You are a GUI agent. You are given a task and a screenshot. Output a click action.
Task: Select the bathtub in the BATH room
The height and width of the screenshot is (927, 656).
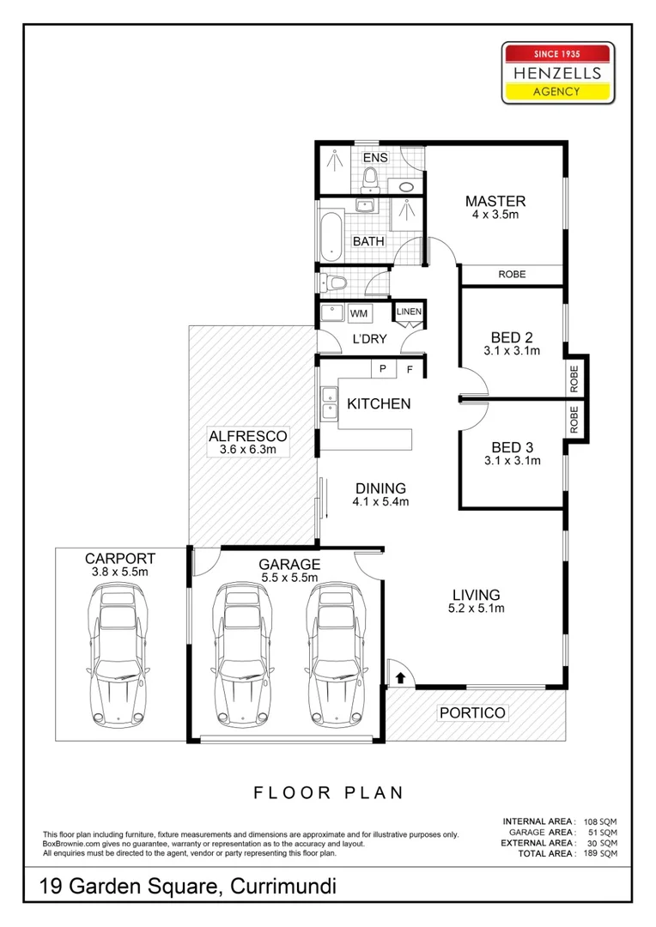click(x=331, y=233)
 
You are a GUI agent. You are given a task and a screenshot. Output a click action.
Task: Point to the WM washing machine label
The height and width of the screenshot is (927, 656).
click(x=358, y=314)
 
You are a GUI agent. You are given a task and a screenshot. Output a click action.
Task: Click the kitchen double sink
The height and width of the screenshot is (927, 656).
click(x=328, y=404)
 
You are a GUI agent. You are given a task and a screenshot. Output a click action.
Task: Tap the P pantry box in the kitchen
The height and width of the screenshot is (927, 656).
click(x=382, y=368)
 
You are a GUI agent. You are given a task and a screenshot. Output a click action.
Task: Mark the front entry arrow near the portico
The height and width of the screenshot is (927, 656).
click(x=399, y=678)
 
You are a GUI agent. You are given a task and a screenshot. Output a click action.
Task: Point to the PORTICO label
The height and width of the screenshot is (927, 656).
click(x=472, y=712)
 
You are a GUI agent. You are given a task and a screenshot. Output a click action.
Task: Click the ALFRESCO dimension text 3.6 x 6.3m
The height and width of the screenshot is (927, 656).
click(x=248, y=449)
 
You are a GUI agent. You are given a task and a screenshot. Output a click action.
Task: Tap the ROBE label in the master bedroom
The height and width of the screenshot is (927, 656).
click(x=512, y=275)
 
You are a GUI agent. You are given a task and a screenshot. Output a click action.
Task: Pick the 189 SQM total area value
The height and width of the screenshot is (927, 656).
click(x=603, y=853)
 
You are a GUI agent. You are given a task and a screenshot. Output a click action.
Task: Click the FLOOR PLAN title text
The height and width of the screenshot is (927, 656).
click(x=328, y=792)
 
